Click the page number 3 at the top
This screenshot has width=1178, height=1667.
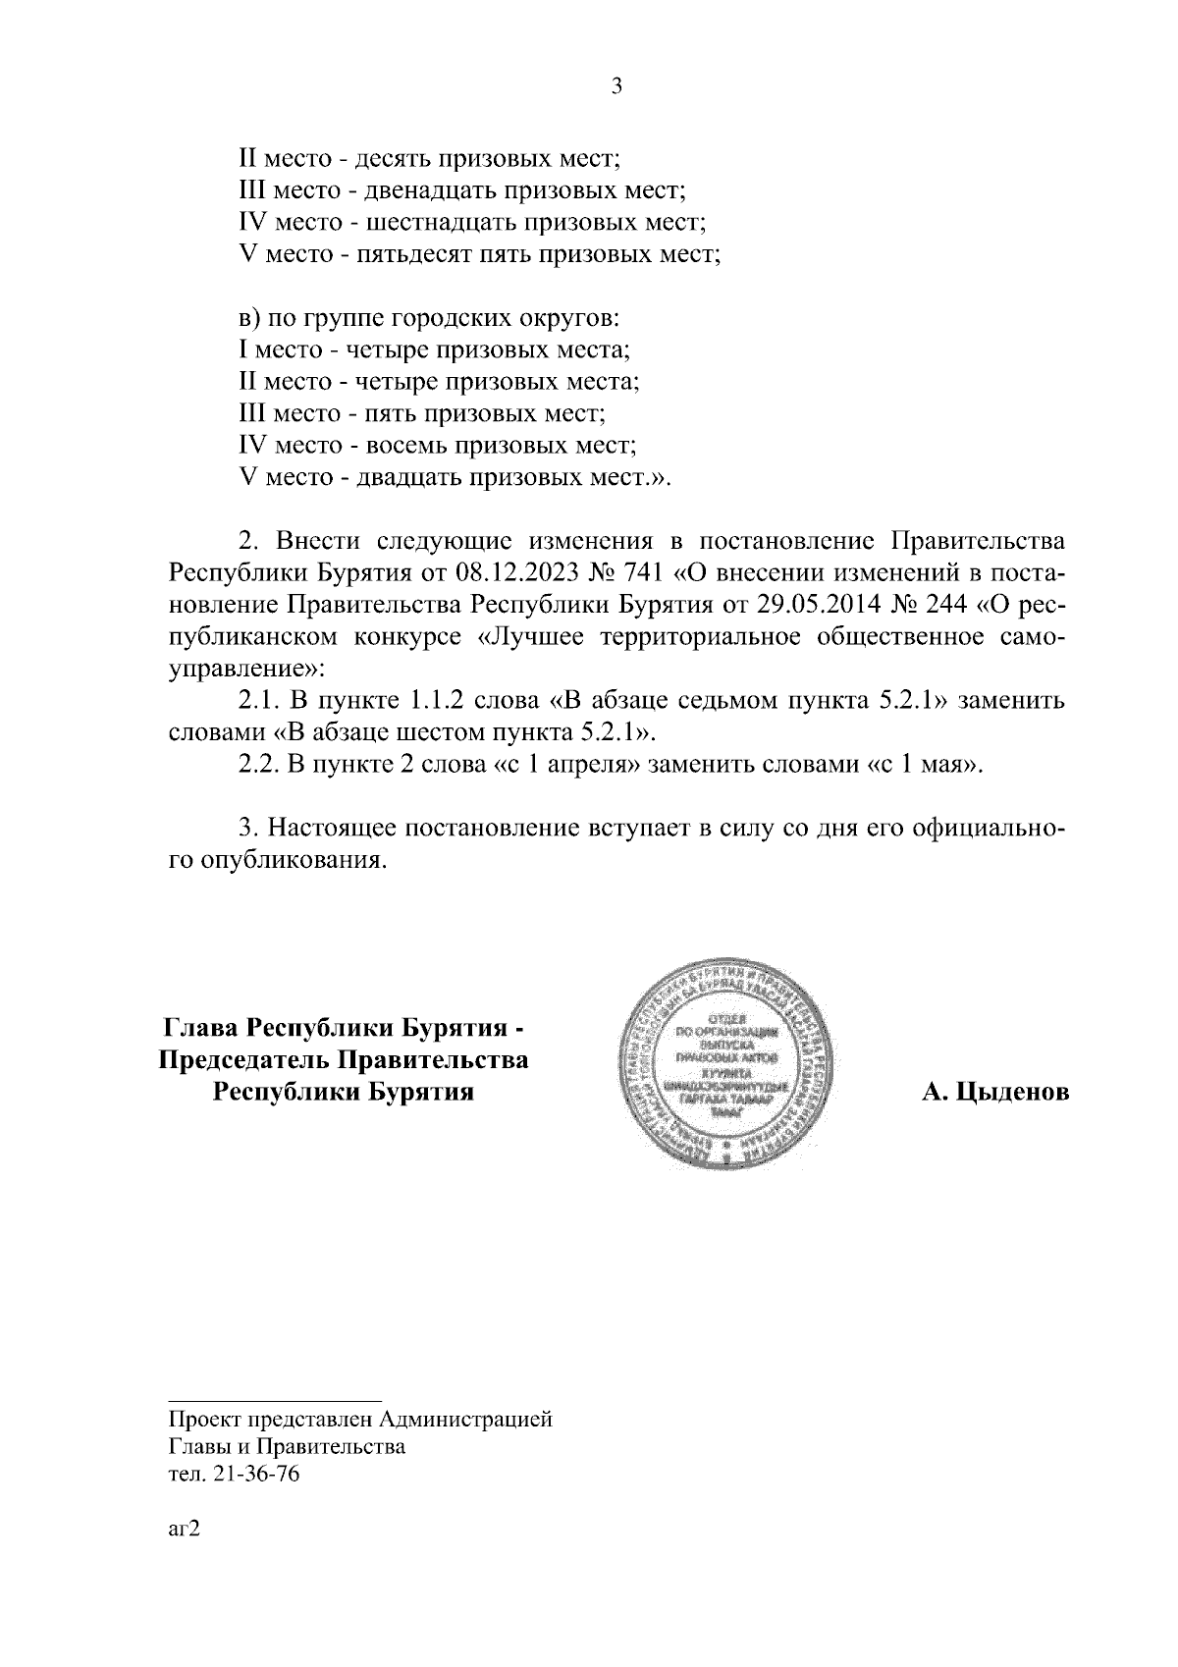click(x=616, y=86)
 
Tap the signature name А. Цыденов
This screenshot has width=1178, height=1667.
click(x=994, y=1092)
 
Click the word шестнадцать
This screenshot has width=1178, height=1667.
click(x=434, y=222)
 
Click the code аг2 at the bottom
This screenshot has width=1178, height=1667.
click(x=184, y=1531)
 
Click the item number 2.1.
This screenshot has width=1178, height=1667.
click(x=259, y=701)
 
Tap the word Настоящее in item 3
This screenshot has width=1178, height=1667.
click(x=335, y=829)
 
